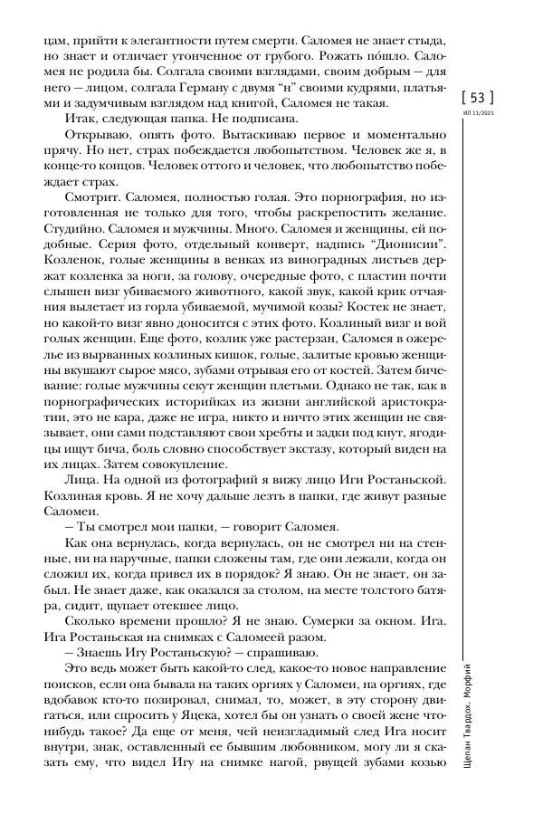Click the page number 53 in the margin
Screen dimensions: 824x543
point(478,96)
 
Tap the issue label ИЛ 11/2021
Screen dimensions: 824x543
point(478,112)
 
